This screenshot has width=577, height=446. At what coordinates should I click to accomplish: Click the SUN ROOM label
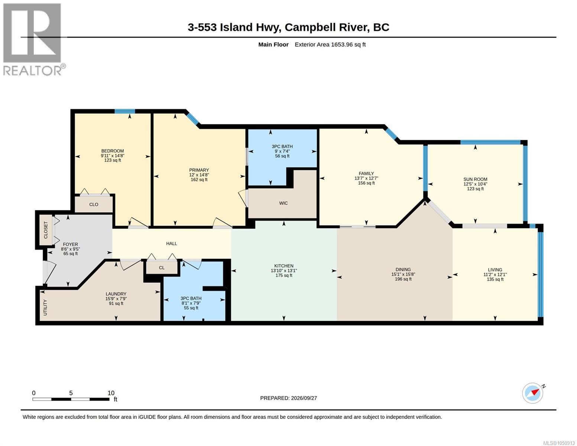pyautogui.click(x=475, y=179)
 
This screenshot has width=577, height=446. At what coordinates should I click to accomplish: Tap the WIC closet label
pyautogui.click(x=283, y=203)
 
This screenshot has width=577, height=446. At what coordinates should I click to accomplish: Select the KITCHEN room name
pyautogui.click(x=284, y=266)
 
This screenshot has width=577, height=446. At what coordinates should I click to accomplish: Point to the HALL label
pyautogui.click(x=172, y=243)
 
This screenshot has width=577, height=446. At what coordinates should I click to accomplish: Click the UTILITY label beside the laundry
pyautogui.click(x=45, y=308)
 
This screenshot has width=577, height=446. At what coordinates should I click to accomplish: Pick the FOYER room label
pyautogui.click(x=70, y=245)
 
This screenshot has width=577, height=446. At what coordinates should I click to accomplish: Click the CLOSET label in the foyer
pyautogui.click(x=46, y=230)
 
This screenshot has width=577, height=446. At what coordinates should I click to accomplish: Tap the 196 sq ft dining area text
pyautogui.click(x=403, y=279)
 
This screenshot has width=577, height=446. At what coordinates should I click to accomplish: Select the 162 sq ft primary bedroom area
pyautogui.click(x=199, y=180)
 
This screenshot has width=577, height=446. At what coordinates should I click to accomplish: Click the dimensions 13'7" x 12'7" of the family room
pyautogui.click(x=366, y=178)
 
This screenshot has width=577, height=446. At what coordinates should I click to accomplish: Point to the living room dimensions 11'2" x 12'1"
pyautogui.click(x=495, y=274)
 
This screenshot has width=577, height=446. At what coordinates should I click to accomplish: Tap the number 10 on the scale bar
pyautogui.click(x=111, y=393)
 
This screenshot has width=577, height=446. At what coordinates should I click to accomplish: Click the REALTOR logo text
pyautogui.click(x=32, y=71)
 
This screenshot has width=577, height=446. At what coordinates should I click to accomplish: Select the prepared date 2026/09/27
pyautogui.click(x=304, y=398)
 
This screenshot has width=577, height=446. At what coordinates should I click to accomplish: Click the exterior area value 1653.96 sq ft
pyautogui.click(x=348, y=45)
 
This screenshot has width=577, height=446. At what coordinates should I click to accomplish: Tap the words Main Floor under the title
pyautogui.click(x=273, y=45)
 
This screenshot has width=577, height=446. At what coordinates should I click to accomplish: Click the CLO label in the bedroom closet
pyautogui.click(x=94, y=204)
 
